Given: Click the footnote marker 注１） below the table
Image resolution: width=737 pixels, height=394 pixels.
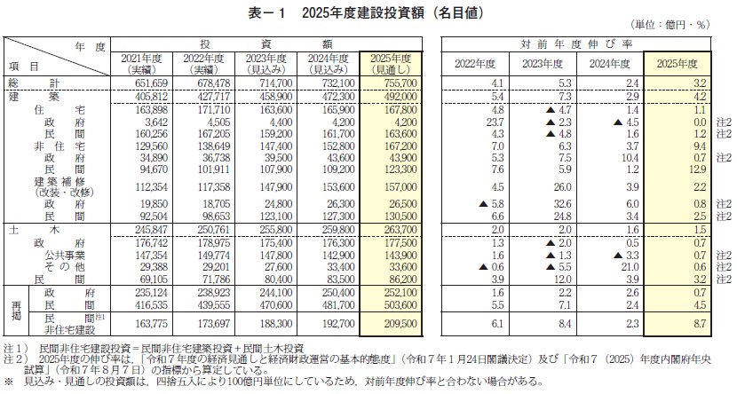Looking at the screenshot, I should click(13, 347).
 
